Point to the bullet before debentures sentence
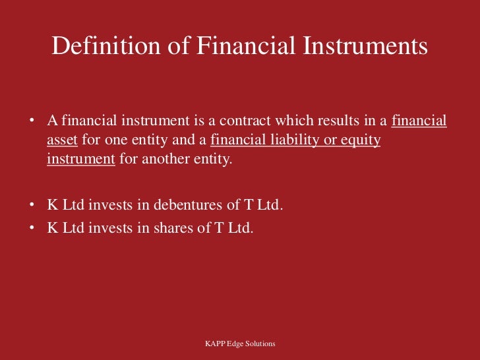tap(31, 206)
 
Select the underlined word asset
tap(63, 141)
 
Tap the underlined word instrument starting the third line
tap(81, 160)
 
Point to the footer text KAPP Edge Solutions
tap(240, 344)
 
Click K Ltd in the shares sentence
tap(65, 229)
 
